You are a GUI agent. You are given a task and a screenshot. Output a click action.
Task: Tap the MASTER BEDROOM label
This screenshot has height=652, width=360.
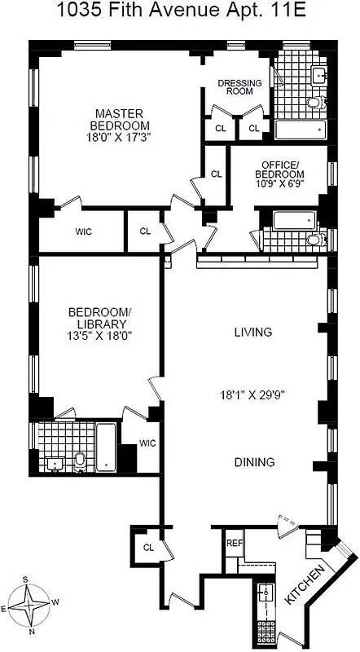(121, 119)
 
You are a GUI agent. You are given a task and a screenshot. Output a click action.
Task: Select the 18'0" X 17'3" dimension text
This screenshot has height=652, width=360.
(121, 137)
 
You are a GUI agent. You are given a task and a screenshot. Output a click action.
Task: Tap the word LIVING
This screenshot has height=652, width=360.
(252, 332)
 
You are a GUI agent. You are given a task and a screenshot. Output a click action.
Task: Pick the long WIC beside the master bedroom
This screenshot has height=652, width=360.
(83, 232)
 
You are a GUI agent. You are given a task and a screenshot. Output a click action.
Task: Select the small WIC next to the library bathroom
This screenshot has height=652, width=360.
(147, 443)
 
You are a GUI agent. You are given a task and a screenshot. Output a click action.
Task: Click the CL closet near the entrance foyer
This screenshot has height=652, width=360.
(149, 548)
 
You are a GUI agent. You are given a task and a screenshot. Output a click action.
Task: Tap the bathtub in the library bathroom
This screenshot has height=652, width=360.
(108, 447)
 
